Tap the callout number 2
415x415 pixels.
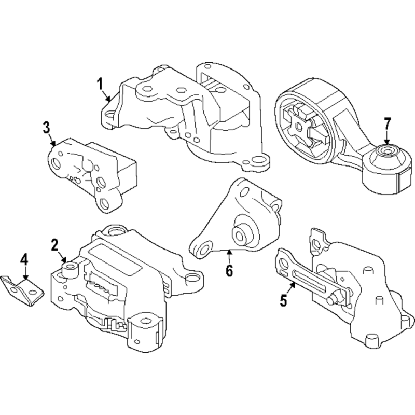[55, 244]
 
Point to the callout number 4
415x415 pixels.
[24, 259]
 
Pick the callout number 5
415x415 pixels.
[283, 300]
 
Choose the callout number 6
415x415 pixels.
[229, 270]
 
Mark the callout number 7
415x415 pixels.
[386, 124]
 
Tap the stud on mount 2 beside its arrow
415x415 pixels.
[70, 268]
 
